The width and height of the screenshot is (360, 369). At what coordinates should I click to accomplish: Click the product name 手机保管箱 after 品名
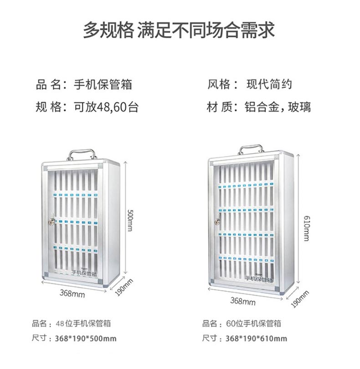[99, 84]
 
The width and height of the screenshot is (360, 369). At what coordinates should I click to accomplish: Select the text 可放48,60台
[106, 108]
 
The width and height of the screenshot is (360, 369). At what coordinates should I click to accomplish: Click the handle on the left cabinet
[82, 154]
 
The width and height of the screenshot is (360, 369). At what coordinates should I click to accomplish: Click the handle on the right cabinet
[251, 149]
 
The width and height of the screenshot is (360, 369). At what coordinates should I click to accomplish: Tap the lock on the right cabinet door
[217, 222]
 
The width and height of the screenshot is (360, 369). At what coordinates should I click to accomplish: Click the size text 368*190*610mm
[257, 338]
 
